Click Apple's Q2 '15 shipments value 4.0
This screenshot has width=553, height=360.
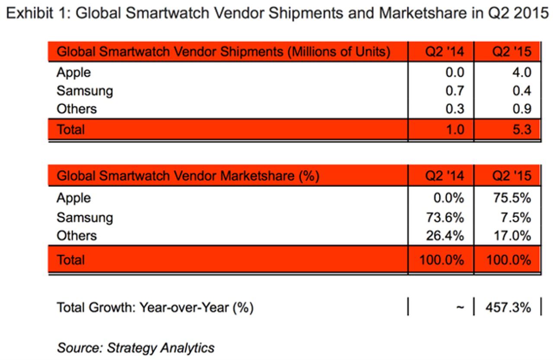click(521, 72)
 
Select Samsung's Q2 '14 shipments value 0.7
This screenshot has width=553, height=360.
click(454, 91)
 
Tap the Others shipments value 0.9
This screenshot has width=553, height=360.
click(521, 109)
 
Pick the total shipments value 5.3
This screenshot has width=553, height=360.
click(521, 129)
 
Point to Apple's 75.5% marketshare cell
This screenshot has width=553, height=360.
click(513, 198)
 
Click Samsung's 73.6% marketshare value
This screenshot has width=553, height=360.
click(446, 217)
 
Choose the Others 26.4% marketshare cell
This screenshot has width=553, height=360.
click(446, 236)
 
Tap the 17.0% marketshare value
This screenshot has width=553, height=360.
click(513, 236)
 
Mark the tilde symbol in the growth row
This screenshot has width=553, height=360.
click(460, 308)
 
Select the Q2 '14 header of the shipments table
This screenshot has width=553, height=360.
click(445, 52)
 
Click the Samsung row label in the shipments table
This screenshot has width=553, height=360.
click(84, 91)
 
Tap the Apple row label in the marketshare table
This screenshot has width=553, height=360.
click(73, 198)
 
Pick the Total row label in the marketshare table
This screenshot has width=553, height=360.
click(71, 260)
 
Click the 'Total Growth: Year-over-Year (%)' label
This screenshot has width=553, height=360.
click(155, 308)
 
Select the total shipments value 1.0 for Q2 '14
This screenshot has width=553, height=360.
click(454, 129)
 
